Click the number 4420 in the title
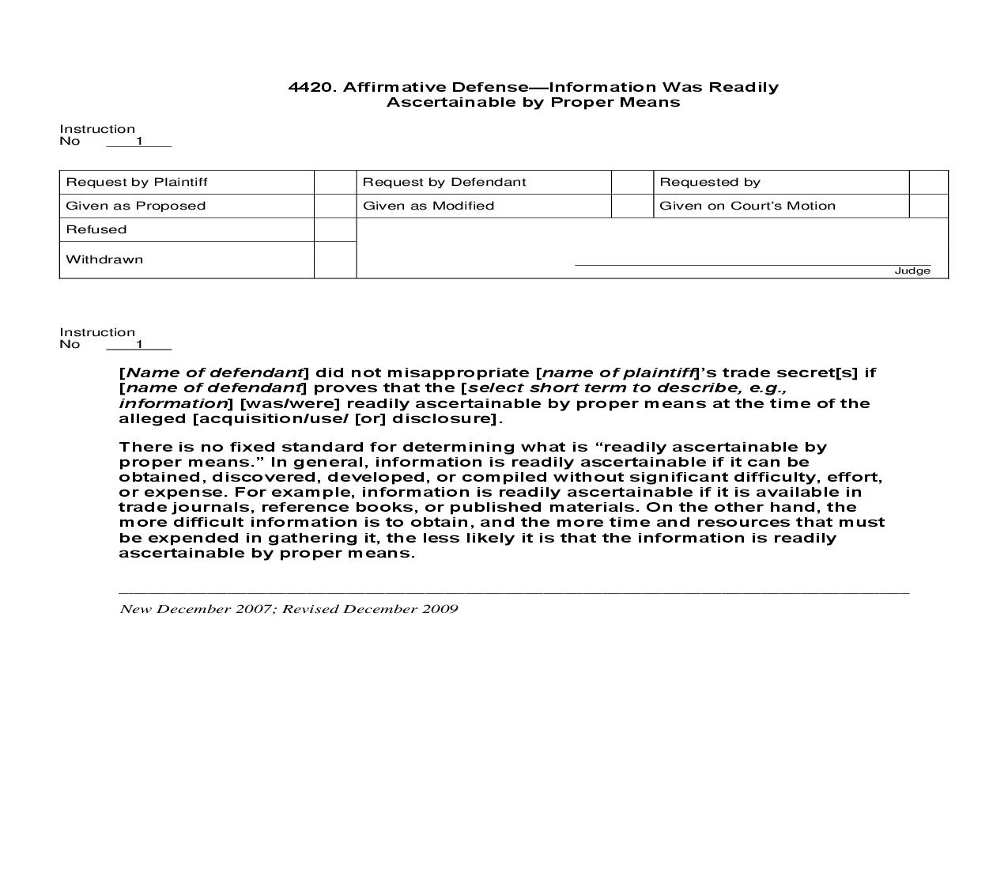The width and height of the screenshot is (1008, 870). click(312, 87)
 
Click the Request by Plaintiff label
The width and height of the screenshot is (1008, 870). click(136, 182)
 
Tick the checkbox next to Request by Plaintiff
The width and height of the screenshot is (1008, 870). click(335, 182)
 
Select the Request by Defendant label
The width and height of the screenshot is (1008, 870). click(444, 182)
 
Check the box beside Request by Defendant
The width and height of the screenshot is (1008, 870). click(632, 182)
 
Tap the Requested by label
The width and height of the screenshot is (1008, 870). click(709, 182)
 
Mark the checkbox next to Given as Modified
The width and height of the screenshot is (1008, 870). click(632, 206)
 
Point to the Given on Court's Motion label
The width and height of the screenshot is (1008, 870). click(747, 206)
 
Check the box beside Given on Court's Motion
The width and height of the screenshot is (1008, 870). click(928, 206)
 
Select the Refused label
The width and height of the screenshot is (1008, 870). click(96, 229)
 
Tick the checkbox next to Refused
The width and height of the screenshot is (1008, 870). click(335, 229)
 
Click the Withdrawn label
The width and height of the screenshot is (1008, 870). click(104, 259)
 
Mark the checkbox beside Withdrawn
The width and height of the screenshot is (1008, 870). click(335, 259)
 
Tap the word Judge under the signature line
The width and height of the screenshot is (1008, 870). click(912, 270)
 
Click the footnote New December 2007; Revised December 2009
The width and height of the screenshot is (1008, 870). click(289, 609)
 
